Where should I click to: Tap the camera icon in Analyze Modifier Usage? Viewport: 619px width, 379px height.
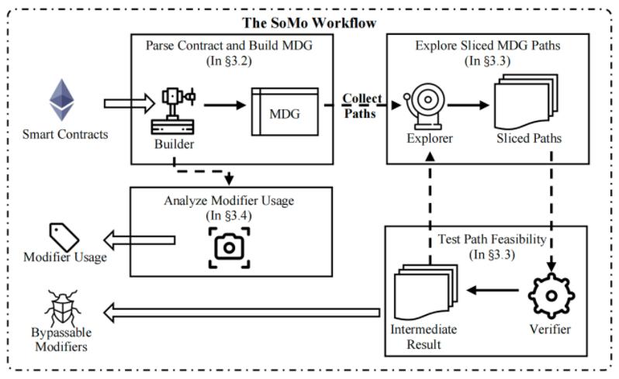230,246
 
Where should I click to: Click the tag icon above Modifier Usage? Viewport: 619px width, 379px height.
66,235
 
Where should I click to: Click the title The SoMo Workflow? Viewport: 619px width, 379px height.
309,23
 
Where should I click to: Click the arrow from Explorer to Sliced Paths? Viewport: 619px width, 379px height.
468,105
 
